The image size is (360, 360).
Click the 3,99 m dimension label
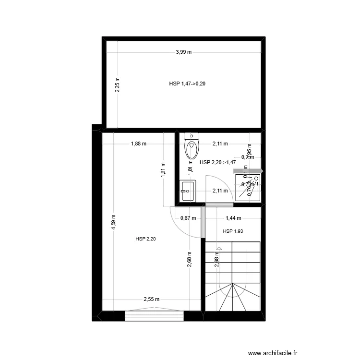[183, 52]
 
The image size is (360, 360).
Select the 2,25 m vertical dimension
[118, 85]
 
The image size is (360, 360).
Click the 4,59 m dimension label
[114, 222]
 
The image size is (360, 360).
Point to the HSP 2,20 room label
[146, 239]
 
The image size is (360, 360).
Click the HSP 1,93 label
[233, 231]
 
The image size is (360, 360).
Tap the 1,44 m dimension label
[233, 218]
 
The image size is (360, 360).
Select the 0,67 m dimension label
[188, 218]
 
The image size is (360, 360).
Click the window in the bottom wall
[155, 316]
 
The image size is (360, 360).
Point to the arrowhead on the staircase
[219, 249]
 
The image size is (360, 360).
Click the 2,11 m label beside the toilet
[220, 143]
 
